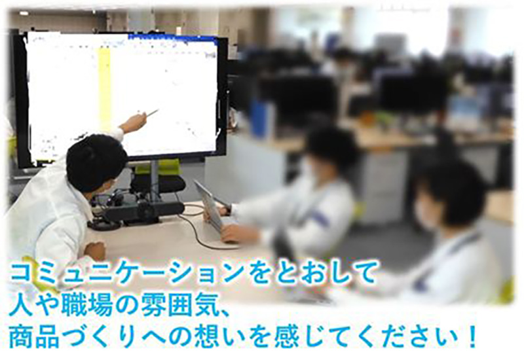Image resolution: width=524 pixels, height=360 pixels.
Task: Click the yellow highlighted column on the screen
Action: [105, 85]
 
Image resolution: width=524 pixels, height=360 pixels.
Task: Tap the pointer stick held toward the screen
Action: [151, 113]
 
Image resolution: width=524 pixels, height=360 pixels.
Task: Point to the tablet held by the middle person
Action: [210, 206]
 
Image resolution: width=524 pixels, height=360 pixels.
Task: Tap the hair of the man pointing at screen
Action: [95, 160]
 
